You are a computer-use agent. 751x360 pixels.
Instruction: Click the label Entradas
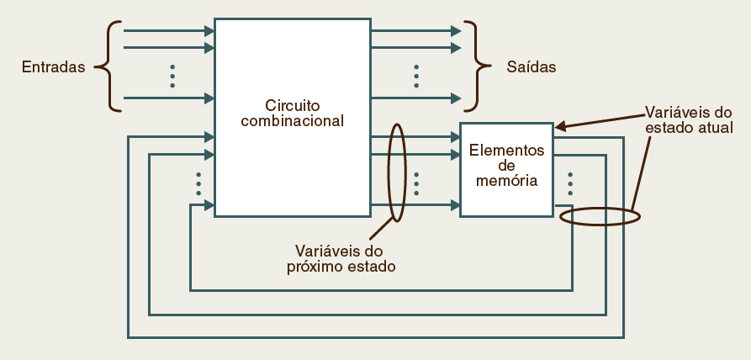54,66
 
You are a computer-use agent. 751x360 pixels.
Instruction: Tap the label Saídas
531,66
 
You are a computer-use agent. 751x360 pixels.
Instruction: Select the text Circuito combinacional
292,114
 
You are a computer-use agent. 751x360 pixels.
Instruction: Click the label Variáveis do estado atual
689,119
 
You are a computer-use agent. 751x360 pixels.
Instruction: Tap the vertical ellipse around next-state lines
396,172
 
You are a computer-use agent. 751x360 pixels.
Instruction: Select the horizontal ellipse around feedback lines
600,216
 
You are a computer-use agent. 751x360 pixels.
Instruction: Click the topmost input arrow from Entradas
168,31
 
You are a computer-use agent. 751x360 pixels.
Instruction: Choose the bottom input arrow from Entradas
168,98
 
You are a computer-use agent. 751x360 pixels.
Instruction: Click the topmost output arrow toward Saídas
416,31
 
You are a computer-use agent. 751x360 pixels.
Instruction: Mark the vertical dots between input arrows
172,76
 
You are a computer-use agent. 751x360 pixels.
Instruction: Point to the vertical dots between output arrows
416,76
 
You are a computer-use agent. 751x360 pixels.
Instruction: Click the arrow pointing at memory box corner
560,128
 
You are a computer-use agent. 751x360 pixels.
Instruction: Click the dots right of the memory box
570,183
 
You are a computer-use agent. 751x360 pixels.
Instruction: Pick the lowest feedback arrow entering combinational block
202,204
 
